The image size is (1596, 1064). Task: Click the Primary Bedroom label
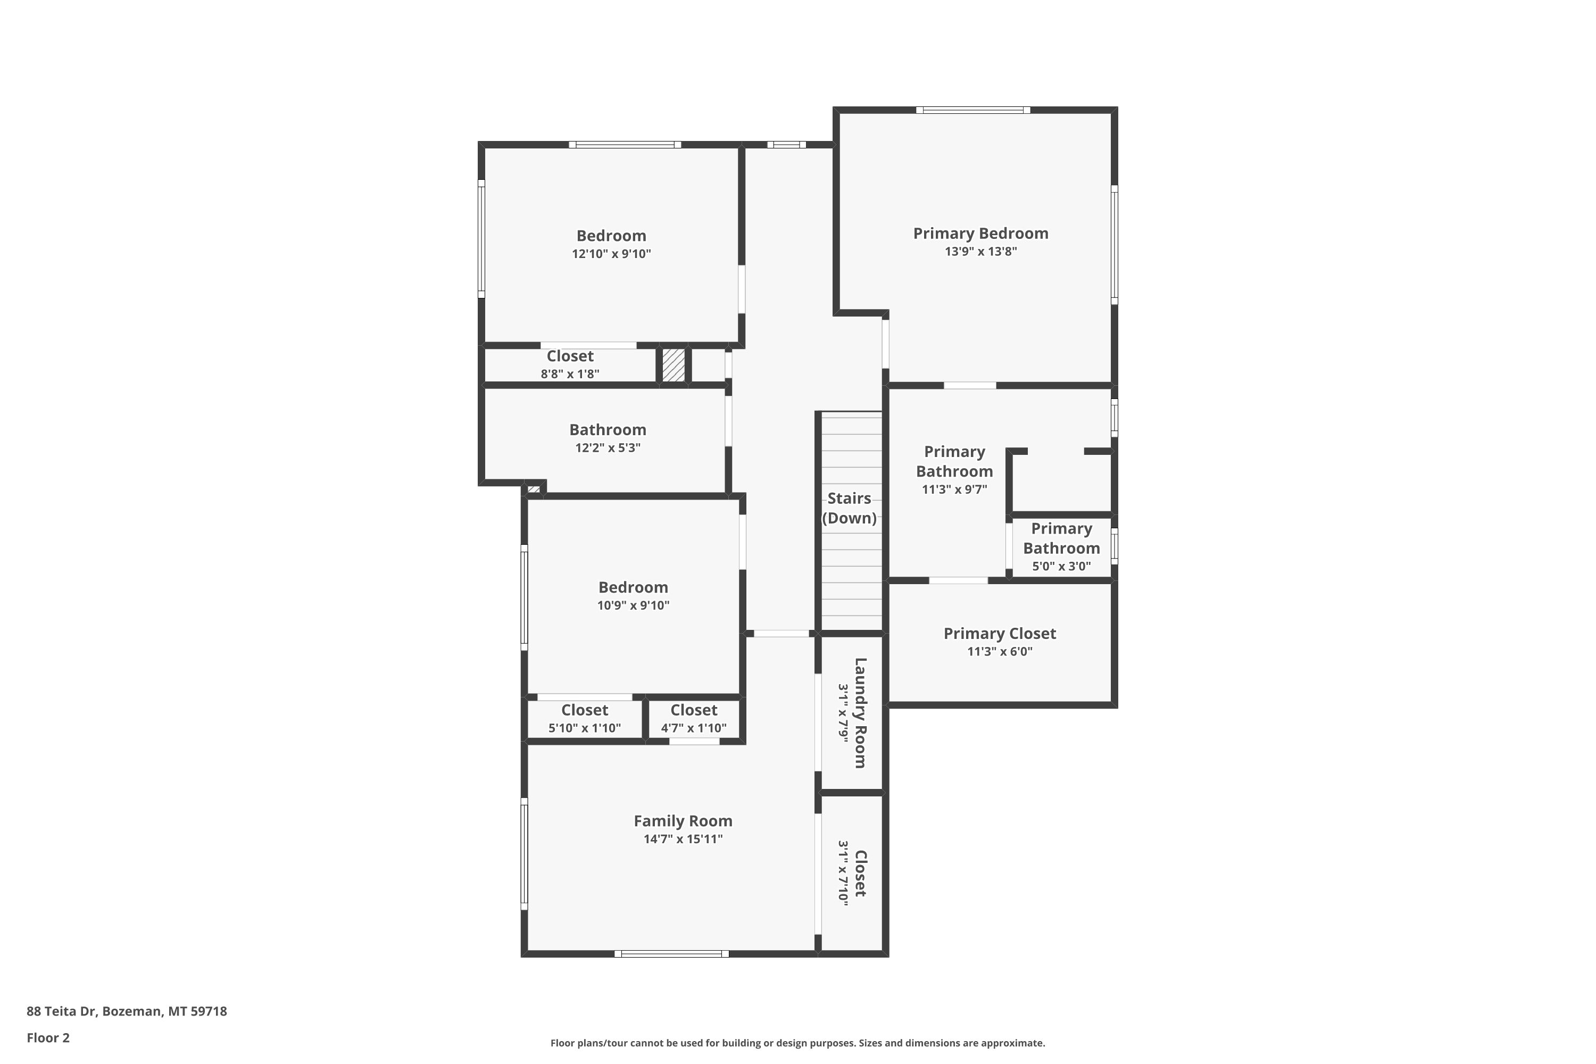[x=980, y=234]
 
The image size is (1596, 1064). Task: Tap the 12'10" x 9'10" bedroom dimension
[x=611, y=254]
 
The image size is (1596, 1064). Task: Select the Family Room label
[x=683, y=821]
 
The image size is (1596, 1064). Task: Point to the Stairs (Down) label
[x=849, y=508]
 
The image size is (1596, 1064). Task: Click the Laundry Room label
[x=860, y=712]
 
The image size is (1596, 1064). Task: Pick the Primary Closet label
[x=1000, y=634]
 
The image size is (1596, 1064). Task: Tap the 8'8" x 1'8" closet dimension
[x=570, y=374]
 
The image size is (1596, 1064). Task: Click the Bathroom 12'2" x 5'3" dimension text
[x=608, y=448]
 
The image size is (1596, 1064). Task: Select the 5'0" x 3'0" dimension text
[x=1061, y=566]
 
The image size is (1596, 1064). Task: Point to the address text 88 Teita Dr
[x=62, y=1011]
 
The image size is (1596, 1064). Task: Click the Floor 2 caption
[x=48, y=1037]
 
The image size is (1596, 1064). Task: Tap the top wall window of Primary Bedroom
[x=973, y=110]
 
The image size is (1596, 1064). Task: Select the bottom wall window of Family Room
[x=671, y=954]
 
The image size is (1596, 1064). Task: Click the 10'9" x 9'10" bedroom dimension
[x=633, y=605]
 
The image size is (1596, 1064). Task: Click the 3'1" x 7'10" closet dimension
[x=843, y=872]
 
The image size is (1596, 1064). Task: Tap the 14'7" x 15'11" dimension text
[x=683, y=839]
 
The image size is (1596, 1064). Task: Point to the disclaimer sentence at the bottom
[x=797, y=1043]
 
